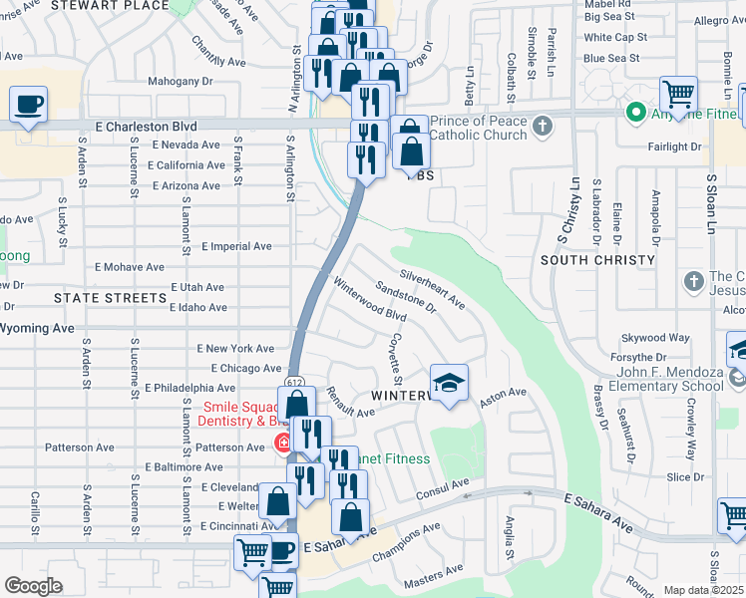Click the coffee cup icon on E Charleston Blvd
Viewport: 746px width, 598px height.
pyautogui.click(x=29, y=104)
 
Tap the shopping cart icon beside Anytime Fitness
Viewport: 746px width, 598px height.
pyautogui.click(x=679, y=96)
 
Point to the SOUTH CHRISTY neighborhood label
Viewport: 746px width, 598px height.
pyautogui.click(x=598, y=259)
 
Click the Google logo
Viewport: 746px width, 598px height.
pyautogui.click(x=33, y=586)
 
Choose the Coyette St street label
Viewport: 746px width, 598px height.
pyautogui.click(x=395, y=358)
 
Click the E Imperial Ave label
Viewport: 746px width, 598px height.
pyautogui.click(x=236, y=246)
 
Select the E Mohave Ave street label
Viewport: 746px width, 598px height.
pyautogui.click(x=129, y=267)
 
